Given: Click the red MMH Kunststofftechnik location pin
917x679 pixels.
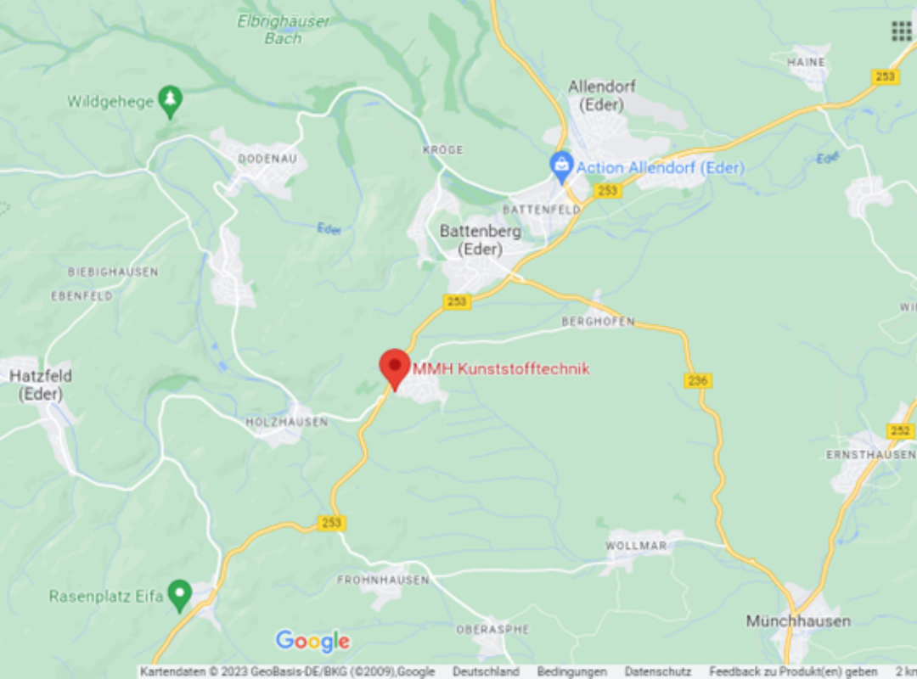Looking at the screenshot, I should tap(394, 368).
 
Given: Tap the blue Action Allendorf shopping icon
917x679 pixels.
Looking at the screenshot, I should tap(561, 166).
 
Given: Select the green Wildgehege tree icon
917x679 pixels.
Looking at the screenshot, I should tap(171, 101).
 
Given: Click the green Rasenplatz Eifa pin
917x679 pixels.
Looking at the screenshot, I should tap(179, 595).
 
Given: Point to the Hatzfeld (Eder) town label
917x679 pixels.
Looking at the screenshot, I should tap(41, 384).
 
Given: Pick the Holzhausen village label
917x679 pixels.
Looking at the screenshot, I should tap(287, 422).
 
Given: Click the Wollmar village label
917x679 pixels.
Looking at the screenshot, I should tap(637, 546).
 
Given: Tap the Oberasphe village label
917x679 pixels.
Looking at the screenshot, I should tap(492, 629).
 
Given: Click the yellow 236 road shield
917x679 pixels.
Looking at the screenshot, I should tap(698, 381).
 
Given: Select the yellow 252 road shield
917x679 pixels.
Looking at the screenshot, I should tap(900, 431).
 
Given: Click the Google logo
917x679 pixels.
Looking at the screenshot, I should tap(312, 642).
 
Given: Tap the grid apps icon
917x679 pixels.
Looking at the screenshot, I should tap(901, 31).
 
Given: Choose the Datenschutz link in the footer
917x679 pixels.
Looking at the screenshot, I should tap(658, 671).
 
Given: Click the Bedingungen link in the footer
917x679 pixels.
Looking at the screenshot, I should tap(571, 671).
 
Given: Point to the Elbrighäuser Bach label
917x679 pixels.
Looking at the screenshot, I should tap(283, 30).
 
